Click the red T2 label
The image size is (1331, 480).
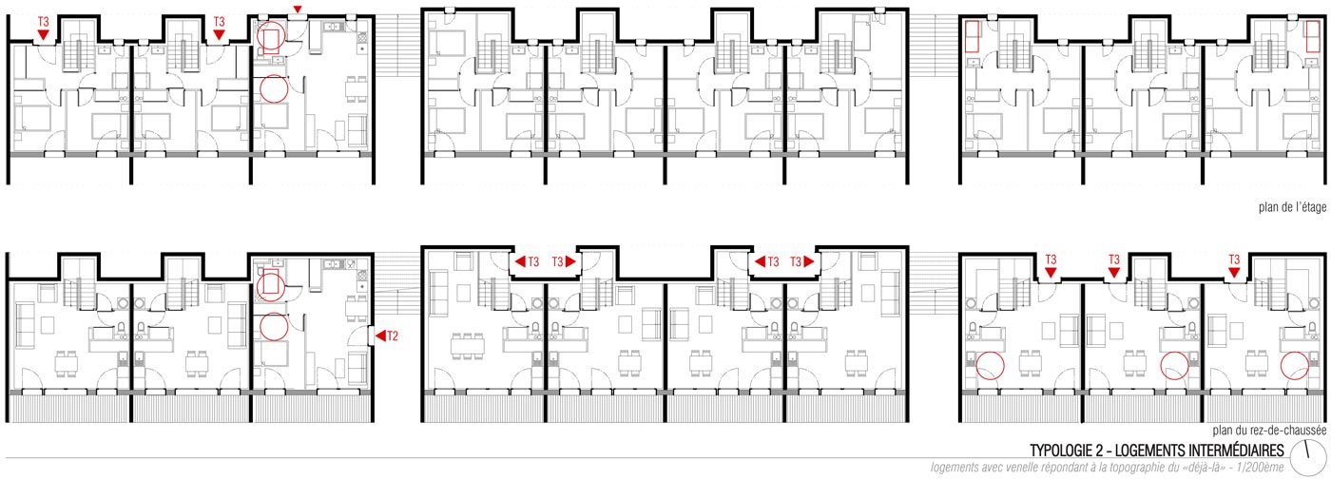[x=392, y=336]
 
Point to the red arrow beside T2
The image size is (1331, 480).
[x=379, y=336]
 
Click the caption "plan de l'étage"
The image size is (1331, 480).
[x=1292, y=207]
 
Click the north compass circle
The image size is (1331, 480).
[x=1316, y=458]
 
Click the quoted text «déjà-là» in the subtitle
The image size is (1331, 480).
[x=1207, y=468]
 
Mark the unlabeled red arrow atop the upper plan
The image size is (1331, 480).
[x=298, y=9]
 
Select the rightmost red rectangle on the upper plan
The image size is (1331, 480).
[x=1313, y=36]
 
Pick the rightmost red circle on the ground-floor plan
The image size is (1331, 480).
[x=1295, y=366]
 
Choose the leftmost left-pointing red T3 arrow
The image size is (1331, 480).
[x=520, y=261]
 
